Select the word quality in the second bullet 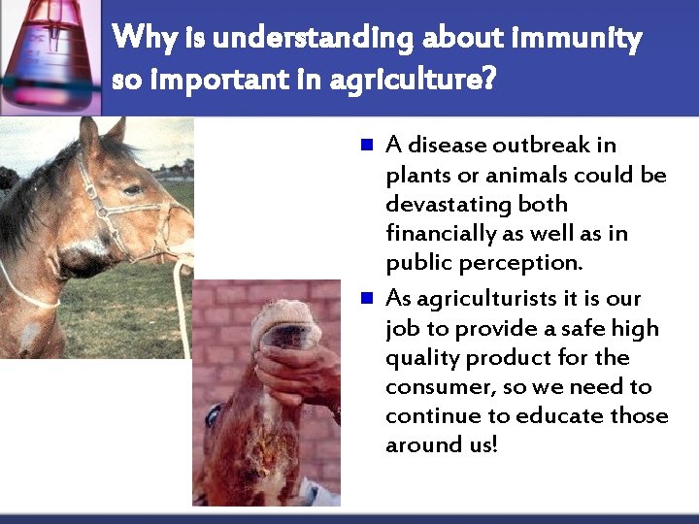[x=422, y=358]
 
